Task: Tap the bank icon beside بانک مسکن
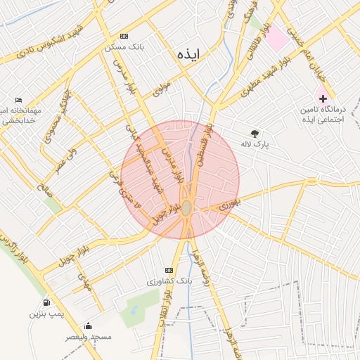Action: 124,37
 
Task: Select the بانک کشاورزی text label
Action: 169,281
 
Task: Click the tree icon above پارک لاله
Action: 255,133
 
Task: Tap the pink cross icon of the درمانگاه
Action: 323,98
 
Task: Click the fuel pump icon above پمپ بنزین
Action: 46,303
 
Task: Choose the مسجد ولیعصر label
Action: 88,337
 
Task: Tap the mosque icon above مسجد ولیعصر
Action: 88,326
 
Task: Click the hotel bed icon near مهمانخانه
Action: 19,101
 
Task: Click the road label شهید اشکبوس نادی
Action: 57,43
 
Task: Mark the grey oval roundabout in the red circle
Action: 186,209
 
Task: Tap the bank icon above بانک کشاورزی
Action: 168,270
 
